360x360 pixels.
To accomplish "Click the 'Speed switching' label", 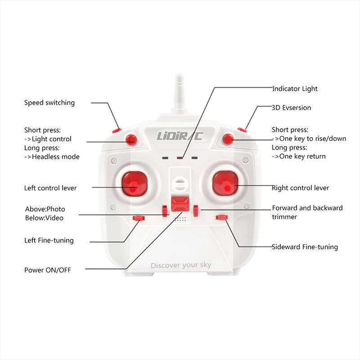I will (49, 103).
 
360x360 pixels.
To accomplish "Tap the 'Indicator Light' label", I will (295, 89).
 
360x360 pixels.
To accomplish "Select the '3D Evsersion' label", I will (292, 108).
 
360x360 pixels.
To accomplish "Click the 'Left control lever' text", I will (50, 188).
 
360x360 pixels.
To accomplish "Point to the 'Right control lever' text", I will (301, 188).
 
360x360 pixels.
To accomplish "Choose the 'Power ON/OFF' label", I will (48, 270).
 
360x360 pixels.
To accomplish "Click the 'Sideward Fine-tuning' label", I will (305, 247).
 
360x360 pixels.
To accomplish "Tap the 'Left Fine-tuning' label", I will (49, 240).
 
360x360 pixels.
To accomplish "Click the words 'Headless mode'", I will (55, 157).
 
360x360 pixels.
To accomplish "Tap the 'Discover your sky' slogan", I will (181, 265).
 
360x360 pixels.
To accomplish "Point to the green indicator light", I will (166, 158).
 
